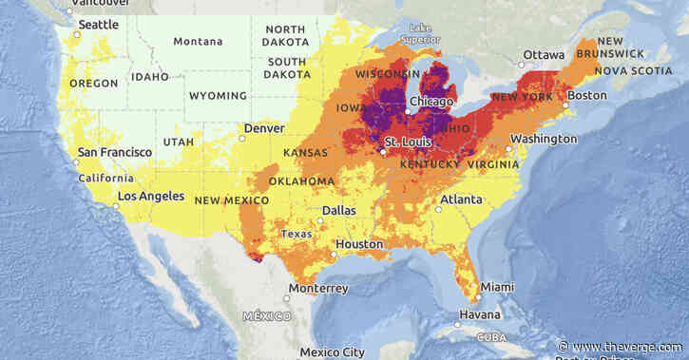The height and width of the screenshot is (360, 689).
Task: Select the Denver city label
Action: pos(264,128)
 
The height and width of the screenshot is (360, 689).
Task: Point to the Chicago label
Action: pos(431,101)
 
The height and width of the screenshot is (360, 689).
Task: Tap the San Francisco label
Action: pos(114,152)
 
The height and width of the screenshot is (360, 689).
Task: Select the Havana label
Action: pos(479,315)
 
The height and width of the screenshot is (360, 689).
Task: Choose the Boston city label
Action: pos(586,96)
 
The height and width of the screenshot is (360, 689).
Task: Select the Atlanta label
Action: pos(461,199)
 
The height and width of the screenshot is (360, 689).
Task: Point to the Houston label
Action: pos(358,244)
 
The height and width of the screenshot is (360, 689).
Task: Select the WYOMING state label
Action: pos(219,96)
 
